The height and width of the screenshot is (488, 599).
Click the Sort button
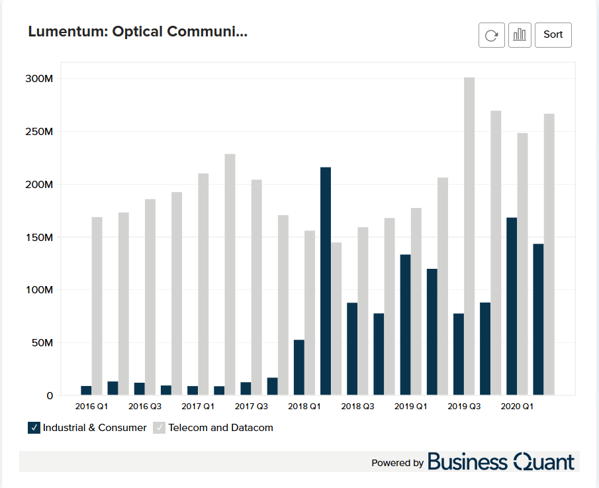point(553,34)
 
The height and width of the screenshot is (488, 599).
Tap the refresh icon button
point(491,35)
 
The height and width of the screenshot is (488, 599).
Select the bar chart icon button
point(520,35)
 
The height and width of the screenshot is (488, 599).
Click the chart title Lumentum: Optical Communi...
point(138,32)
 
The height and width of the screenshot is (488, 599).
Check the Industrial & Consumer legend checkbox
point(34,428)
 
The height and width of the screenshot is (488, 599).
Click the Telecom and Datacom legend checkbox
point(160,428)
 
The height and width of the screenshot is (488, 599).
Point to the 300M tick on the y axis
point(38,79)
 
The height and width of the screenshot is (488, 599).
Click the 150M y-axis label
point(38,237)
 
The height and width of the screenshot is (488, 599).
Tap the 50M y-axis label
point(41,343)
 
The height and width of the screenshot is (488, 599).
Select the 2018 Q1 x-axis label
point(304,406)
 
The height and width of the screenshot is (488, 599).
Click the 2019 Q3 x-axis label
point(464,406)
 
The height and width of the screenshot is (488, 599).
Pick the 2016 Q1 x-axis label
point(92,406)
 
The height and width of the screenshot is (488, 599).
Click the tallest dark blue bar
point(326,281)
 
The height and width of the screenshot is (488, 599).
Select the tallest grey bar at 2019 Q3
point(469,236)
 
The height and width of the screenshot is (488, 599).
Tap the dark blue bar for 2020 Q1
point(512,306)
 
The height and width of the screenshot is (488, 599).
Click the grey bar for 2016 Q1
point(97,306)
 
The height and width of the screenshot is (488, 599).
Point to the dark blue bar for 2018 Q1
point(299,367)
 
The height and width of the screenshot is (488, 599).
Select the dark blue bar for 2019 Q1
point(405,324)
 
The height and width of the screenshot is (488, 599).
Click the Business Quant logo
point(501,462)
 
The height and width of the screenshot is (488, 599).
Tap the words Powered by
point(397,463)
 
